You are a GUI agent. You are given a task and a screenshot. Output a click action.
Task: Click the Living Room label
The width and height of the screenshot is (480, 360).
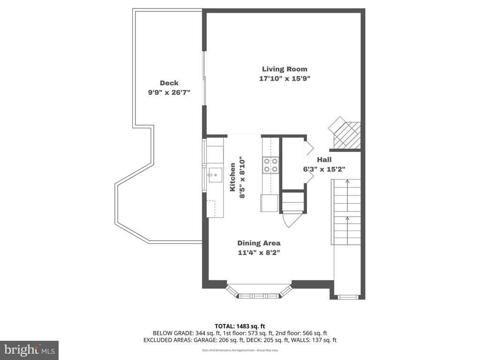tap(285, 69)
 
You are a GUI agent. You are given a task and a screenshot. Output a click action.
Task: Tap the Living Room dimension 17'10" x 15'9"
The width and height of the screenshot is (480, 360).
tap(285, 78)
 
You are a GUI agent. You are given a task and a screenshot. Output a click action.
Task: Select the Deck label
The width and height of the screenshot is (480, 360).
tap(169, 83)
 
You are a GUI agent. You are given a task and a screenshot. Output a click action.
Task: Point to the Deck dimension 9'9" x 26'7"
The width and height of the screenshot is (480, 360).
tap(169, 92)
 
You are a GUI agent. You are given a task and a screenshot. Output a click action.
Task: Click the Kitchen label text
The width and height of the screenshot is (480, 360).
tap(233, 177)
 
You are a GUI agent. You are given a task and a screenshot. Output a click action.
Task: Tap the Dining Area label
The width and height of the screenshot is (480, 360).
tap(259, 243)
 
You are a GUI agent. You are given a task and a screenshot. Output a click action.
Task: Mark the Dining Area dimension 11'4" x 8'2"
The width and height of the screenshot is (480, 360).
tap(259, 253)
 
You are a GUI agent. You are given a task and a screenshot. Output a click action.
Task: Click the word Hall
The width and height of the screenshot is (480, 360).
tap(324, 159)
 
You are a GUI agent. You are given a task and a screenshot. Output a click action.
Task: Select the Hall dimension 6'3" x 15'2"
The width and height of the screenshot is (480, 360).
tap(324, 169)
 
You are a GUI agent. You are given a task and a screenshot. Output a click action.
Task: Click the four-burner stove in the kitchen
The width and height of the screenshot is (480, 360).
tap(270, 165)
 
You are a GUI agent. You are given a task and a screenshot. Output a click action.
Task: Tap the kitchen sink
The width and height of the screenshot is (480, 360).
tap(215, 175)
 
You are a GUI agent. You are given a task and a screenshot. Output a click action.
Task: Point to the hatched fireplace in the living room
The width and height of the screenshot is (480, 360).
tap(345, 132)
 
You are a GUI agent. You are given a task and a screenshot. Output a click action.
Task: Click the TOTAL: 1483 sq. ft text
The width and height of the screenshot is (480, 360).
tap(240, 326)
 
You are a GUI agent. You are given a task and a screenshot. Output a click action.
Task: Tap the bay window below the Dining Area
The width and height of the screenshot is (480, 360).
tap(259, 292)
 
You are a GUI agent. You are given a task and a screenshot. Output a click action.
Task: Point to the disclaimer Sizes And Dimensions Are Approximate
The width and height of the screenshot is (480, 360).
tap(240, 350)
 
